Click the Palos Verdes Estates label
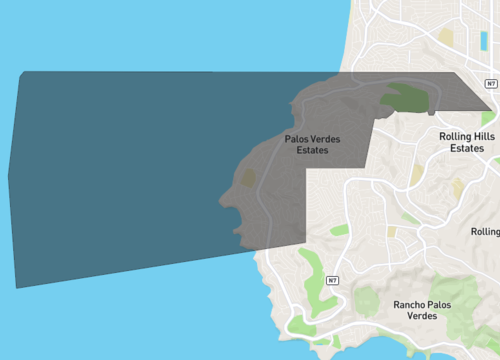pos(312,144)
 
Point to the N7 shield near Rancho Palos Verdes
pos(332,281)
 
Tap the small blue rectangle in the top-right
pos(484,40)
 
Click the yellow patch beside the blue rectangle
pos(446,37)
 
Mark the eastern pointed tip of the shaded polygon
pos(493,111)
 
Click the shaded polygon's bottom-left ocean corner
pos(17,287)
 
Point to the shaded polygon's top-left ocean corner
pos(21,72)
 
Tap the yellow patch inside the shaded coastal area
pos(247,177)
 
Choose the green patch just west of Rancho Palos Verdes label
pos(367,301)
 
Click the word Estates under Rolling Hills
pos(468,148)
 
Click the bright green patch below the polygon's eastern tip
pos(487,119)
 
